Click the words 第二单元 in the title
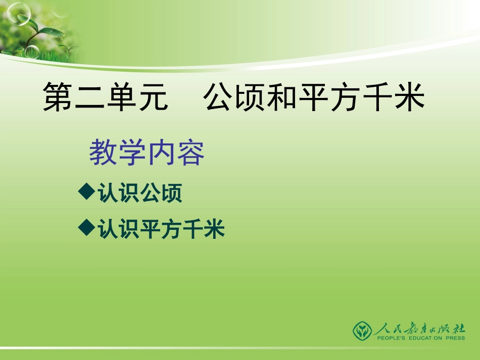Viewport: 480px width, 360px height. coord(105,97)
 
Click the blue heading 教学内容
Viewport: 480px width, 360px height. coord(147,152)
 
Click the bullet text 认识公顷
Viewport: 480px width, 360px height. coord(139,193)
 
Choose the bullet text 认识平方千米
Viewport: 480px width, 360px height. coord(161,230)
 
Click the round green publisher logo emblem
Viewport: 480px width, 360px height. coord(362,330)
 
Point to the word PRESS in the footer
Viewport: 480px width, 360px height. coord(452,338)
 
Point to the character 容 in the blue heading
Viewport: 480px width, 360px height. coord(191,152)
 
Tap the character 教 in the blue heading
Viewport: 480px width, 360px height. coord(103,152)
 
